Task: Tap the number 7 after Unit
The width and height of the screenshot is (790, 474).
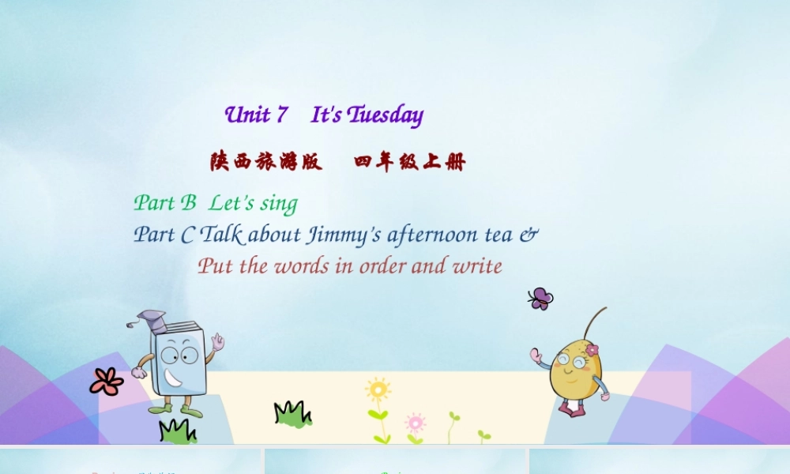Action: click(281, 115)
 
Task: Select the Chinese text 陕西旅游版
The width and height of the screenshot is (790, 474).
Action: click(265, 162)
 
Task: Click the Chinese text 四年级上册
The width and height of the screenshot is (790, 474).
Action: click(410, 162)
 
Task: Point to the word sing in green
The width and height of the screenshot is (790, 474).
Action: click(278, 204)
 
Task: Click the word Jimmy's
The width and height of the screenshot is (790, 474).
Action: click(344, 235)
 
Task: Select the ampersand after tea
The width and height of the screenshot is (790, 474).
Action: click(529, 235)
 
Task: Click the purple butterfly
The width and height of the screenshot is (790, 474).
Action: click(540, 299)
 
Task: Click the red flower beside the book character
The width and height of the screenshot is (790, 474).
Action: click(107, 382)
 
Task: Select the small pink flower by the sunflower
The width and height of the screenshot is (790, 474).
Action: click(415, 422)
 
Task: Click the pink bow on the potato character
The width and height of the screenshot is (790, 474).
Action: click(592, 349)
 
